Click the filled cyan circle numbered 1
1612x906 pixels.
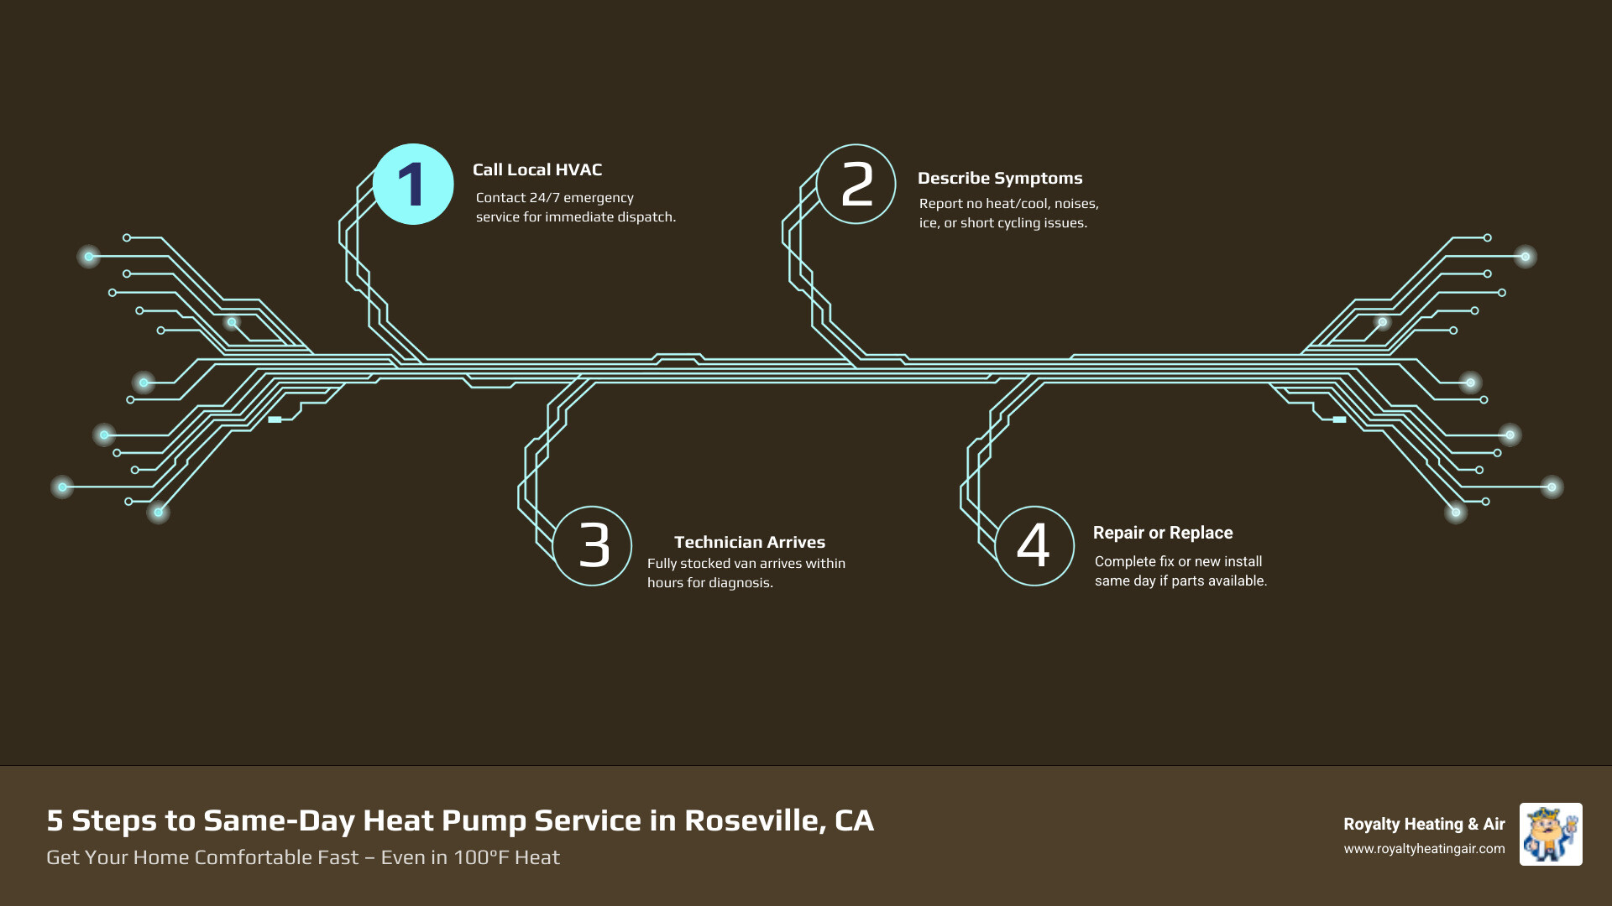coord(412,185)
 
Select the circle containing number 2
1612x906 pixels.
coord(856,185)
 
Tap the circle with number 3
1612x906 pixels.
coord(592,545)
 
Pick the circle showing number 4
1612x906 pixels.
coord(1034,545)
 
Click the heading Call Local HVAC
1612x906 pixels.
coord(536,169)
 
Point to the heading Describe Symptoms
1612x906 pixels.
coord(999,178)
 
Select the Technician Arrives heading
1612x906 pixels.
coord(749,542)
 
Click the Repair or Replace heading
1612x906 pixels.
coord(1162,533)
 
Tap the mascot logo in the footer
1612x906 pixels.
coord(1550,834)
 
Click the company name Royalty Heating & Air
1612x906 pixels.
coord(1423,824)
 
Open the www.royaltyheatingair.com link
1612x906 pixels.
coord(1423,849)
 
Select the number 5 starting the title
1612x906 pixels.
coord(55,820)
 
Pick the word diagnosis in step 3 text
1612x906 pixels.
coord(740,583)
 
